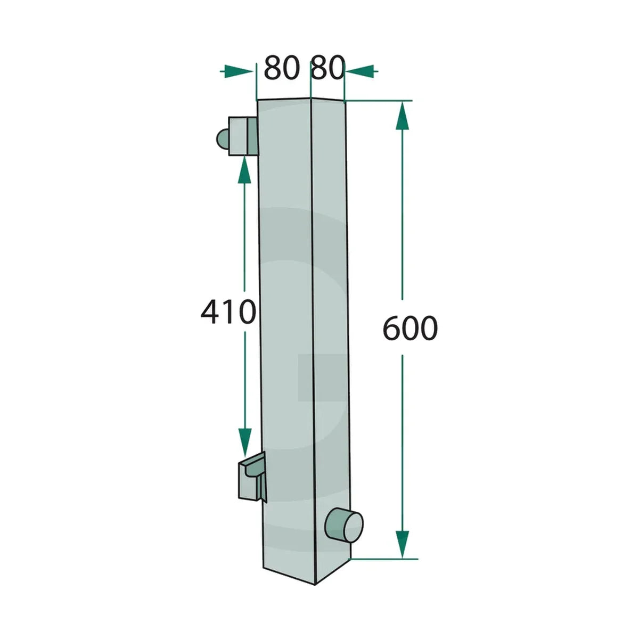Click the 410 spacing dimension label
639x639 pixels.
pyautogui.click(x=228, y=310)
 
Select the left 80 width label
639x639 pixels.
pyautogui.click(x=282, y=68)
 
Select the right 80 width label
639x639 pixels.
pyautogui.click(x=326, y=68)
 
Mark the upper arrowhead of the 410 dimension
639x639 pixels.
pyautogui.click(x=244, y=170)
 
